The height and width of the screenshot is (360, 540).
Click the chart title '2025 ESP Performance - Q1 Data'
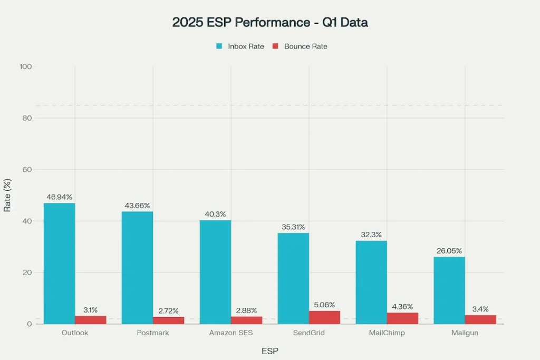(270, 22)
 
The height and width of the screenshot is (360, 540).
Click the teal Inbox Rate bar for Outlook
(59, 264)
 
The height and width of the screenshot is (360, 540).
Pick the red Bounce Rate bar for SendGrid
(324, 317)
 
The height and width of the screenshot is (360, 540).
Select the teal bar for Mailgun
(449, 290)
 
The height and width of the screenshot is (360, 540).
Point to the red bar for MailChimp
(402, 318)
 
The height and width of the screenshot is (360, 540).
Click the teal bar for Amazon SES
(215, 272)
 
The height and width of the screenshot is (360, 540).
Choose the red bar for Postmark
(168, 320)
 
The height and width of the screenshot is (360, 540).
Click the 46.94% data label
(59, 197)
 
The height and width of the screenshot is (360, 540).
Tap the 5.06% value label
(324, 305)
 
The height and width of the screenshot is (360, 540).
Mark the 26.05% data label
(449, 251)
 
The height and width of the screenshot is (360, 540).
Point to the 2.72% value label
(168, 311)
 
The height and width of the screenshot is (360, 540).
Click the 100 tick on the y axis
(25, 67)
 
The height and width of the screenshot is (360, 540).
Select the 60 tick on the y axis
(26, 170)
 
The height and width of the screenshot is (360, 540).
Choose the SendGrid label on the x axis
(309, 333)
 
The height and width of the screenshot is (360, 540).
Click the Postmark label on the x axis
(153, 333)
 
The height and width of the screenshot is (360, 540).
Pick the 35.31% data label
(293, 227)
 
